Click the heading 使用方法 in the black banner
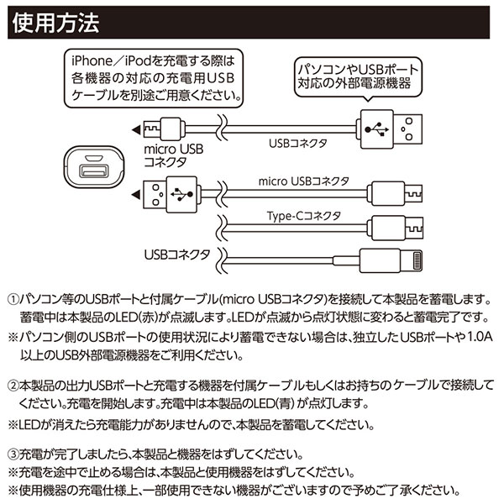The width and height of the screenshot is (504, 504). (x=56, y=23)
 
